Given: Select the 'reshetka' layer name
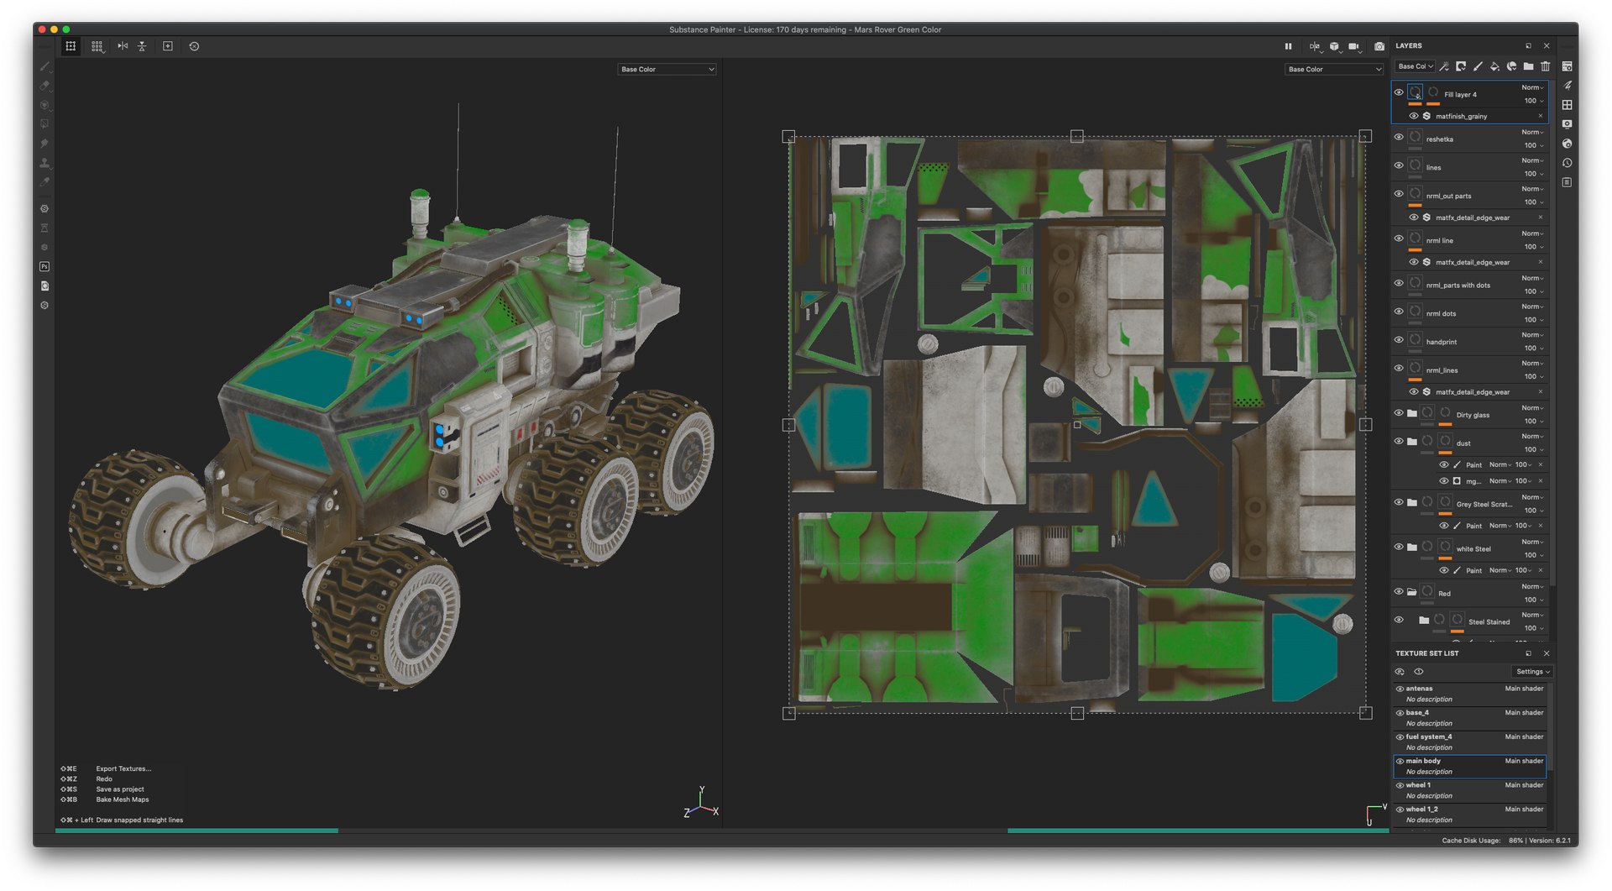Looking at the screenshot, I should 1439,139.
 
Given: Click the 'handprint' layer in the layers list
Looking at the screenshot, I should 1441,342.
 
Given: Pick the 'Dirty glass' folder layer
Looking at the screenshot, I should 1472,415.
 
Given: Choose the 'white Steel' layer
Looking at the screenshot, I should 1473,549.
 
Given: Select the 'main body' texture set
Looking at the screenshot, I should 1423,762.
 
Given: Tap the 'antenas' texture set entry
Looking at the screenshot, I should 1419,689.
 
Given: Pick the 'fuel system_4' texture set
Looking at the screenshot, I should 1428,737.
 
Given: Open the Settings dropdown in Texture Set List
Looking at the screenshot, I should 1532,672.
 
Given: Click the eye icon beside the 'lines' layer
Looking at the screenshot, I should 1399,165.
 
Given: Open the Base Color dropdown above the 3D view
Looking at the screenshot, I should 667,70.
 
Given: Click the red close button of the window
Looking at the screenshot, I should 42,29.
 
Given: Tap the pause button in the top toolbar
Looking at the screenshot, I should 1288,47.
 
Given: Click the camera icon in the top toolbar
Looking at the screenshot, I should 1379,47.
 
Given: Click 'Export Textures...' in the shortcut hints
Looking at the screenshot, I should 123,769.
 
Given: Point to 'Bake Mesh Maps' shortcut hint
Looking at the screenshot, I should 122,799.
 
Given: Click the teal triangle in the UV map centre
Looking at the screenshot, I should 1154,499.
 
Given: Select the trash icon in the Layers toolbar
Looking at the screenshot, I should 1545,66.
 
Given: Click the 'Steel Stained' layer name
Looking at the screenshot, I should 1489,622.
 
